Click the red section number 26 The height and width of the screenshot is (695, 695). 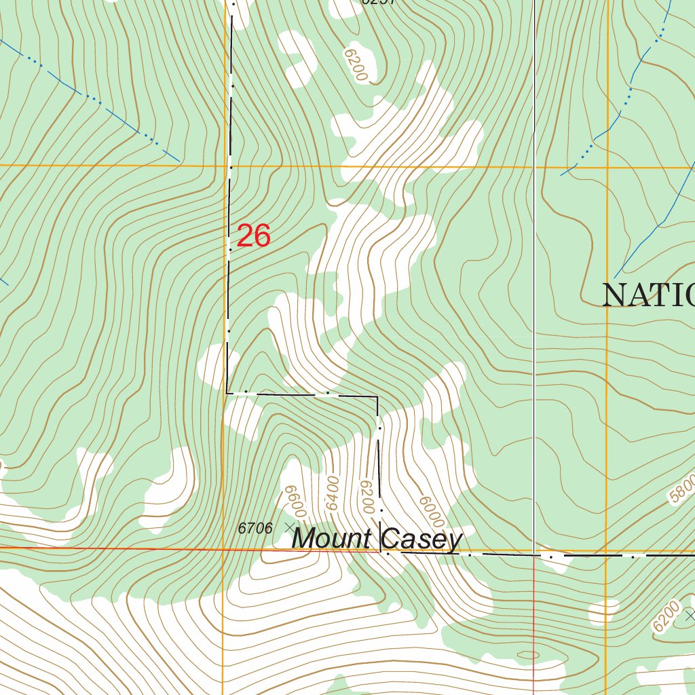254,236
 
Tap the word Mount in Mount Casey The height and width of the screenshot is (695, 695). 331,540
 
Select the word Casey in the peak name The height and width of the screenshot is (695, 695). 422,540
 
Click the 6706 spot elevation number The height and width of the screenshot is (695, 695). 255,528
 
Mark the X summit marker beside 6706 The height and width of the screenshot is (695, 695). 290,527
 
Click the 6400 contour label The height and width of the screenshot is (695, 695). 332,494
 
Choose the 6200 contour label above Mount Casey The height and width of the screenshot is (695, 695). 367,497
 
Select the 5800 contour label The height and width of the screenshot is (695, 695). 681,490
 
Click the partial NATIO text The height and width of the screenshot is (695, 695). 648,295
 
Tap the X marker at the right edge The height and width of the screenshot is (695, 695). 690,616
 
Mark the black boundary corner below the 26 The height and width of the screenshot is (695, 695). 227,392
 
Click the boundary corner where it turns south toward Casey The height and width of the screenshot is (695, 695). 377,396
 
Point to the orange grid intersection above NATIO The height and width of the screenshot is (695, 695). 607,167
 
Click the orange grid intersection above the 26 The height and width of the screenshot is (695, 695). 226,166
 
